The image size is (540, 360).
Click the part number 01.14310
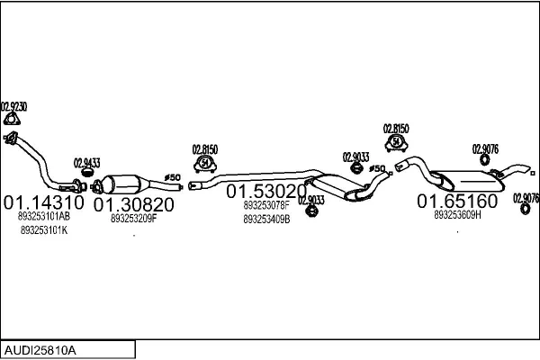click(x=44, y=202)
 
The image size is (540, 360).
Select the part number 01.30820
click(x=133, y=204)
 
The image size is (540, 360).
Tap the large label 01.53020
click(x=266, y=191)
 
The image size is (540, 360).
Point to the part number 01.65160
click(x=457, y=201)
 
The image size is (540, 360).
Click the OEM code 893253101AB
click(x=44, y=216)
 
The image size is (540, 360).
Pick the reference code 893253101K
click(x=44, y=230)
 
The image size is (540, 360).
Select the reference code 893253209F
click(x=133, y=219)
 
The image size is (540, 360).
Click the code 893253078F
click(x=266, y=205)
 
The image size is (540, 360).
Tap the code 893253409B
click(x=266, y=219)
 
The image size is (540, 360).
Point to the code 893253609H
click(x=457, y=215)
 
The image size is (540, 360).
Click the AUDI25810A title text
click(x=40, y=351)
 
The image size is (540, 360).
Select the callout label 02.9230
click(x=13, y=106)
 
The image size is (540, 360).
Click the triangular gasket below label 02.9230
click(x=12, y=119)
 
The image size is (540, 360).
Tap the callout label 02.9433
click(x=86, y=163)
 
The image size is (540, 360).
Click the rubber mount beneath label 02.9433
click(x=87, y=172)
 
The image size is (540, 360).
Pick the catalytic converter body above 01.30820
click(x=122, y=184)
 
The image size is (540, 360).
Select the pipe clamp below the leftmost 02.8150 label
click(x=205, y=164)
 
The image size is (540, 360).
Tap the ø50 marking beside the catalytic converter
click(x=173, y=178)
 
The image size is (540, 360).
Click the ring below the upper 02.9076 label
click(x=485, y=159)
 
